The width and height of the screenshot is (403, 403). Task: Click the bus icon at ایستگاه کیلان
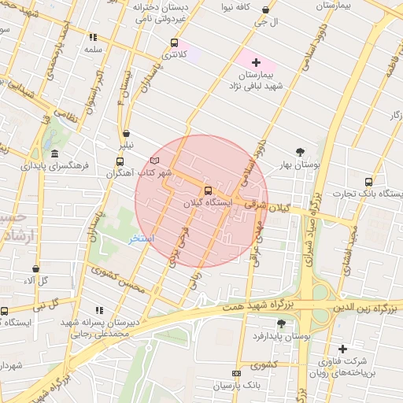[x=208, y=190]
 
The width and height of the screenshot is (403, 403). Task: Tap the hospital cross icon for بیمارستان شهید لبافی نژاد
[x=256, y=61]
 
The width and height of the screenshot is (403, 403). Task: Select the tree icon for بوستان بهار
[x=300, y=152]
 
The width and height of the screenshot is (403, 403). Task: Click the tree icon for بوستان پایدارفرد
[x=282, y=323]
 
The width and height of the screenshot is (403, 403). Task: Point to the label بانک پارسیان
[x=241, y=386]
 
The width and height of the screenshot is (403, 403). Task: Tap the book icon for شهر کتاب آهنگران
[x=154, y=161]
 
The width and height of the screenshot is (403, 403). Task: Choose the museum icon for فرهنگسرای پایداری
[x=54, y=153]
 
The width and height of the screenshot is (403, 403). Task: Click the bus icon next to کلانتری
[x=174, y=43]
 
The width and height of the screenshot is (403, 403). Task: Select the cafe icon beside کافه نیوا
[x=265, y=10]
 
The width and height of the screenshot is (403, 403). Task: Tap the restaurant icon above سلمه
[x=93, y=37]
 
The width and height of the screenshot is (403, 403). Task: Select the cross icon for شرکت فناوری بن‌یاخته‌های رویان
[x=342, y=349]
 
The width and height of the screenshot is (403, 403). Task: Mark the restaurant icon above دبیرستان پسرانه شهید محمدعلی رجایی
[x=98, y=311]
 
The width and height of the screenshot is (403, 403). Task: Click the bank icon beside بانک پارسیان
[x=235, y=372]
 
